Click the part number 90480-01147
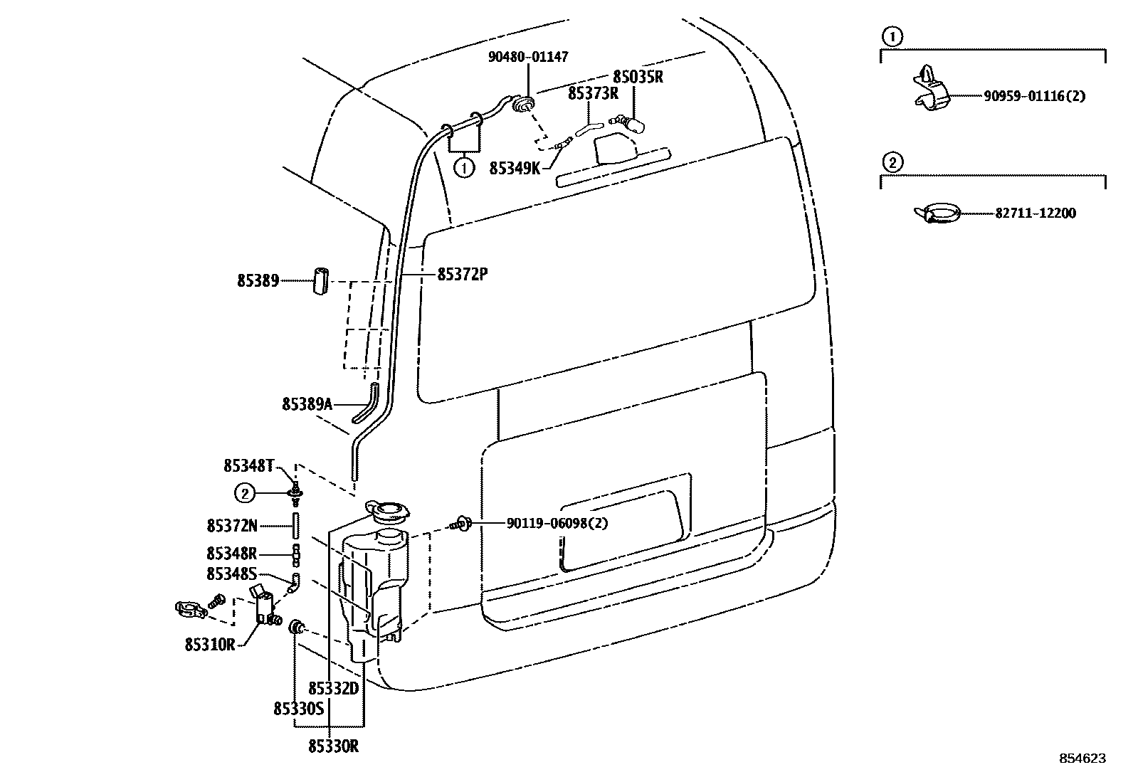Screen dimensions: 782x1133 coord(528,57)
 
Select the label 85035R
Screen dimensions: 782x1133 coord(638,77)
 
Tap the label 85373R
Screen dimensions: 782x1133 coord(593,93)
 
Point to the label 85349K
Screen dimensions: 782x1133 coord(515,168)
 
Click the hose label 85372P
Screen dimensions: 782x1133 coord(462,274)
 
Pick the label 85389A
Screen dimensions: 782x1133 coord(307,404)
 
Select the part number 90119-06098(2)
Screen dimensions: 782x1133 coord(557,523)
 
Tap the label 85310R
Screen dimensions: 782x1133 coord(210,645)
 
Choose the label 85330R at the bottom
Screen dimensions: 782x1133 coord(333,746)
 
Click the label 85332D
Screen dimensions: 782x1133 coord(333,688)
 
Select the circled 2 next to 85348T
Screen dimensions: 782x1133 coord(245,492)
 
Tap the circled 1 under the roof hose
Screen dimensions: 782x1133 coord(464,169)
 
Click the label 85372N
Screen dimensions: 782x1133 coord(232,526)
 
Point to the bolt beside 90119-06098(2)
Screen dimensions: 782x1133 coord(461,524)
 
